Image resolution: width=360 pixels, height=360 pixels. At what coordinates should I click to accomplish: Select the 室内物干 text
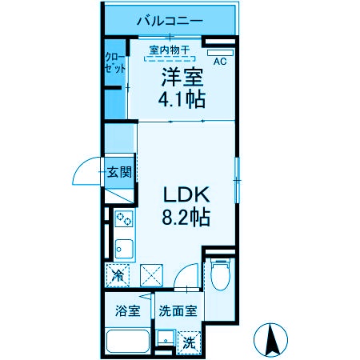tap(169, 50)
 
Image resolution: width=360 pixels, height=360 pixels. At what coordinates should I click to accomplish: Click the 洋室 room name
tap(183, 78)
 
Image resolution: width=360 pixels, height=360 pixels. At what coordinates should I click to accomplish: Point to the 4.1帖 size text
tap(183, 99)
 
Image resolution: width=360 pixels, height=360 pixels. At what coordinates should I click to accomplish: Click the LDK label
tap(186, 195)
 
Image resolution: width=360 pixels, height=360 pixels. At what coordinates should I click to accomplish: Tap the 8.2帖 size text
tap(186, 217)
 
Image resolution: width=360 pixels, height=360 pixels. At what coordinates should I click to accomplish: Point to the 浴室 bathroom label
tap(128, 310)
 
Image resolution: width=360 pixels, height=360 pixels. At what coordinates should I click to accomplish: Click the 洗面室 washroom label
tap(177, 310)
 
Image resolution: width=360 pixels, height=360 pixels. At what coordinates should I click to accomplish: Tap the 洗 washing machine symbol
tap(190, 342)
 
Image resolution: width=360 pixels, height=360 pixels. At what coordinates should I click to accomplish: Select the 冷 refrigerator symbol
tap(118, 276)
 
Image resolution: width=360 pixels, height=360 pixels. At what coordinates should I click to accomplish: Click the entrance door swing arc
tap(86, 170)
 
